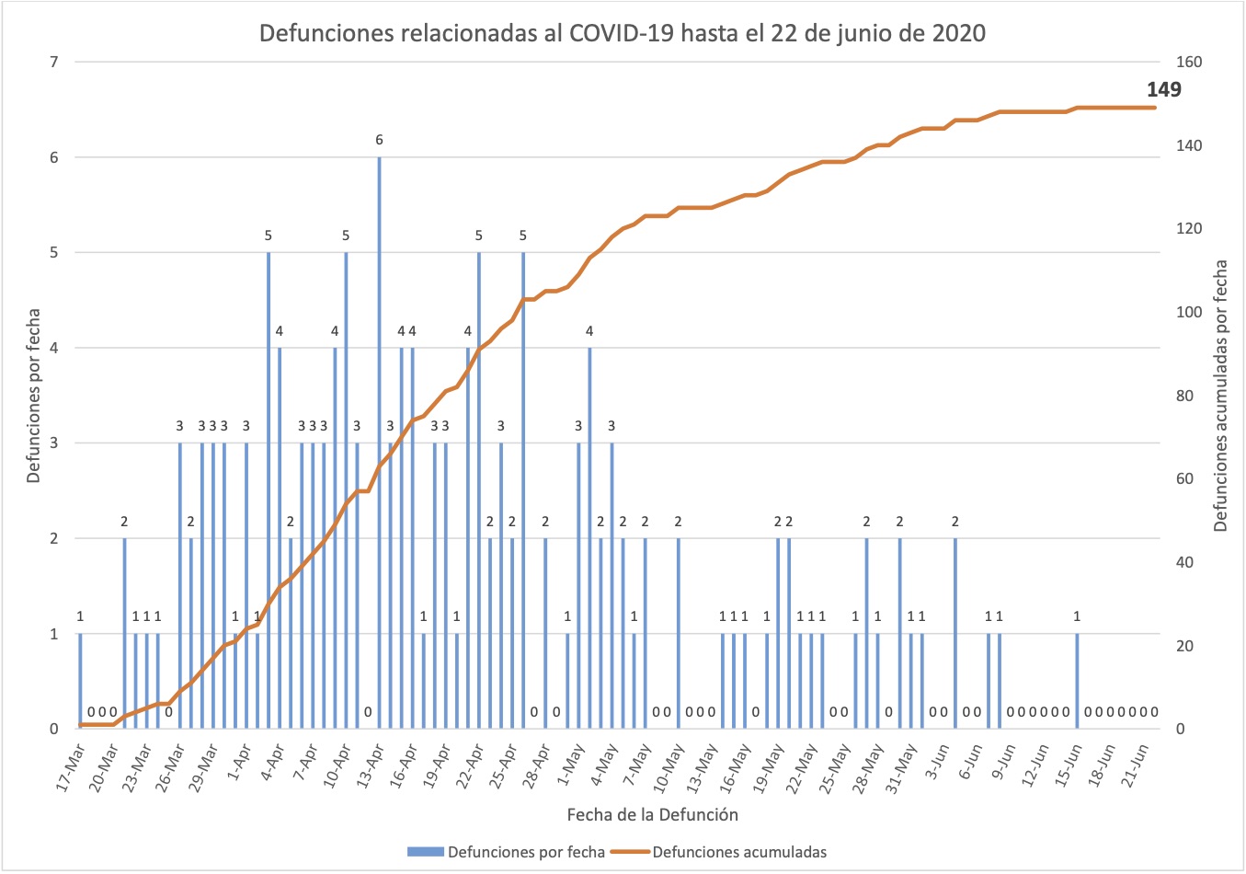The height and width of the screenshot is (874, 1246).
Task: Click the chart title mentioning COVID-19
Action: [x=622, y=33]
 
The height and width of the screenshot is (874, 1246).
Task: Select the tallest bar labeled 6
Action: [x=379, y=442]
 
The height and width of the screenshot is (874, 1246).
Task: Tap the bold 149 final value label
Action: [x=1163, y=89]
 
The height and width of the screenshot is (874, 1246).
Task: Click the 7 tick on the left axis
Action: [x=54, y=62]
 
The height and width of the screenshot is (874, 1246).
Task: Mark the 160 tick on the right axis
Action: [x=1189, y=62]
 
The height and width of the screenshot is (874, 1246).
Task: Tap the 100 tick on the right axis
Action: [x=1189, y=312]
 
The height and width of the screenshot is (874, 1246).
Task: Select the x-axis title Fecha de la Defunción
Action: [x=652, y=814]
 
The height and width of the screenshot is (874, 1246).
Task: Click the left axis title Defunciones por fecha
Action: [x=33, y=396]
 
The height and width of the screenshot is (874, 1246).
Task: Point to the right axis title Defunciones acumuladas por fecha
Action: [x=1221, y=396]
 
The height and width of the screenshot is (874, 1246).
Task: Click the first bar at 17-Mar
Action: [x=80, y=681]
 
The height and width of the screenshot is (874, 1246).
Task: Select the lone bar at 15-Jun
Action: [x=1077, y=681]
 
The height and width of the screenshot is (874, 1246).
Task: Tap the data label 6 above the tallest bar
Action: [x=379, y=140]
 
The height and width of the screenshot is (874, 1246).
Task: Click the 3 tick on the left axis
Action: [x=54, y=443]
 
